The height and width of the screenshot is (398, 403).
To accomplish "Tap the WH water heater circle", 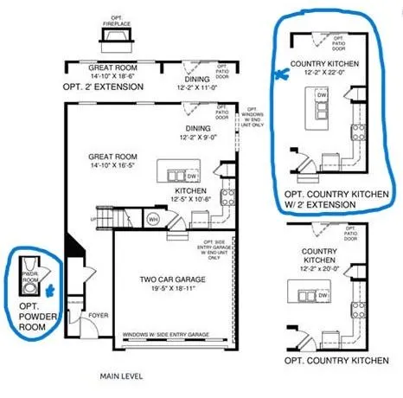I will pyautogui.click(x=152, y=219).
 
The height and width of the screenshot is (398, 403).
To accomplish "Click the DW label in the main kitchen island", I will pyautogui.click(x=192, y=175).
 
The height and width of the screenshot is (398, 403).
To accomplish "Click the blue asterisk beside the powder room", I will pyautogui.click(x=51, y=292).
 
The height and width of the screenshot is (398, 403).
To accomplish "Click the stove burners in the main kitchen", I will pyautogui.click(x=227, y=196).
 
